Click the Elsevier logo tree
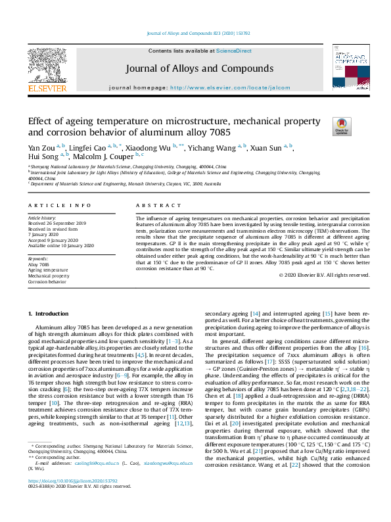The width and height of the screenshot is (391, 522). [47, 64]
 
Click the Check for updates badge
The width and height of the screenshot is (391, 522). [342, 127]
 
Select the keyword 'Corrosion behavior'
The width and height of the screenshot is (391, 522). [47, 281]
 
